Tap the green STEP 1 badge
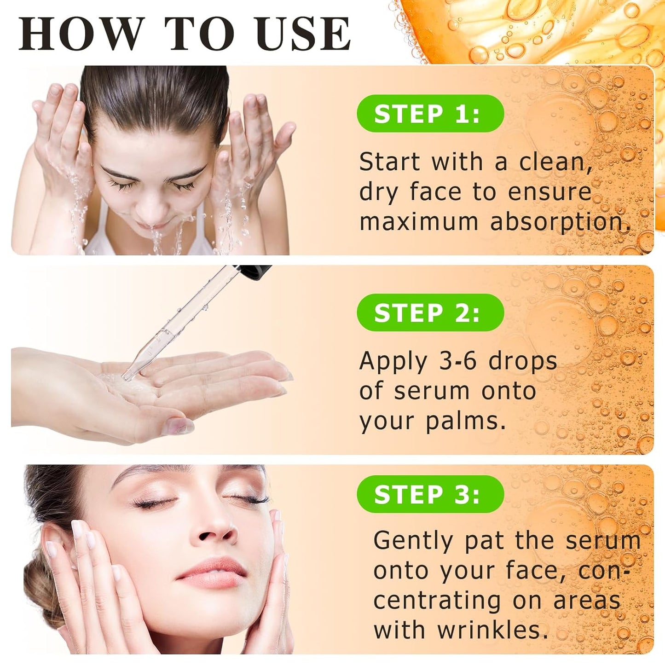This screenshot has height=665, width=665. [x=430, y=114]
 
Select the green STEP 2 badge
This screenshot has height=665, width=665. [x=430, y=313]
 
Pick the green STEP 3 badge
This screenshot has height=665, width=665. [x=430, y=494]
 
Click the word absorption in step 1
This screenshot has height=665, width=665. [x=560, y=222]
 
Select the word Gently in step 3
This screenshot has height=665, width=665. [x=413, y=541]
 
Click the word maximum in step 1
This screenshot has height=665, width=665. [x=419, y=222]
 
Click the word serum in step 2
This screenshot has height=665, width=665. [x=432, y=391]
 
